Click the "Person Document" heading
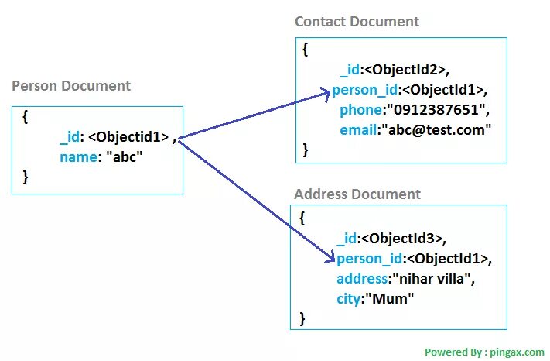point(71,86)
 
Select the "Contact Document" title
point(357,22)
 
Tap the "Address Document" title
point(357,194)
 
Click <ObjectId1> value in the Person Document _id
point(128,138)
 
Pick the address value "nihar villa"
point(432,278)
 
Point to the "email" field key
point(358,130)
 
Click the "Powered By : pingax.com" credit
point(484,352)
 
